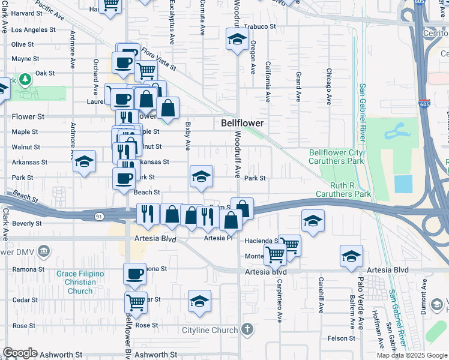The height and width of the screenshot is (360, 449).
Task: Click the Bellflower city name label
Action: pyautogui.click(x=242, y=122)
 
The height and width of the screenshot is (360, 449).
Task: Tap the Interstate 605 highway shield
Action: pyautogui.click(x=424, y=104)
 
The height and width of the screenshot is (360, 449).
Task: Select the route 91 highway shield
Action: pyautogui.click(x=103, y=215)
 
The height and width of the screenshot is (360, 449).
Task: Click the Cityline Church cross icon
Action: pyautogui.click(x=246, y=329)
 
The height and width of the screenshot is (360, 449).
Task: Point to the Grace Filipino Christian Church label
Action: pyautogui.click(x=80, y=283)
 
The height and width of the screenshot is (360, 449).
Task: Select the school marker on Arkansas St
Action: pyautogui.click(x=85, y=161)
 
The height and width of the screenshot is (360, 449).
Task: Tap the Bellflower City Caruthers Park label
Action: pyautogui.click(x=336, y=157)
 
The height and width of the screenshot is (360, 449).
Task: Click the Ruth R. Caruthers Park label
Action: pyautogui.click(x=346, y=194)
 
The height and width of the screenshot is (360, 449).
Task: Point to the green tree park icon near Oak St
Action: pyautogui.click(x=25, y=79)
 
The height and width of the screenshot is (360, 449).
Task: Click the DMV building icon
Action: pyautogui.click(x=43, y=251)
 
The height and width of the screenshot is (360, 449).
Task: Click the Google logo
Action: pyautogui.click(x=20, y=353)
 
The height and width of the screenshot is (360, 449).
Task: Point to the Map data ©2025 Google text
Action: pyautogui.click(x=411, y=355)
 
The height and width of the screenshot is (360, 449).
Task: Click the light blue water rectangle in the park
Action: pyautogui.click(x=404, y=184)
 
